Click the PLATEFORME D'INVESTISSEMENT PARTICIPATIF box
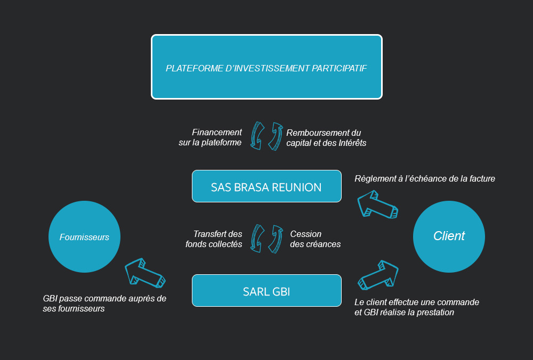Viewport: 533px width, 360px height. (x=266, y=67)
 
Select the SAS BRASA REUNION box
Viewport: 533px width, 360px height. (x=266, y=186)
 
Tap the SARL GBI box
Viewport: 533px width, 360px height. (x=266, y=290)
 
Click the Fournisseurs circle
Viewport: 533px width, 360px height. (x=84, y=237)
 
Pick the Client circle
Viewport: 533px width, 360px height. (x=449, y=237)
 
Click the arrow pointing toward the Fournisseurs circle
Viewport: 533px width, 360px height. (x=144, y=272)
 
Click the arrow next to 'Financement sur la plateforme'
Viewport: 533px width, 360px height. (x=257, y=136)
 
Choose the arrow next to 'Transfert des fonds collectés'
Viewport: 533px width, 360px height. (x=257, y=239)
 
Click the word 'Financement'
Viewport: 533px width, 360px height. (x=217, y=132)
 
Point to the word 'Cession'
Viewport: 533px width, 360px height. (x=305, y=234)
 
